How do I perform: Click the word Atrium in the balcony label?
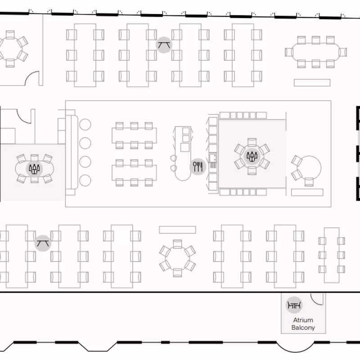point(303,320)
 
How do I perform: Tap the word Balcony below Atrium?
point(303,328)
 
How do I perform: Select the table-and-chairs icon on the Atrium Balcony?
point(294,305)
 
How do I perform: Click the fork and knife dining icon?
point(198,166)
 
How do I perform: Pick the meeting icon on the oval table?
point(34,169)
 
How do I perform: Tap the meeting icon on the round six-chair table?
point(252,156)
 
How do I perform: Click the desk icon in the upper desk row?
point(164,45)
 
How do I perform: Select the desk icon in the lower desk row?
point(43,243)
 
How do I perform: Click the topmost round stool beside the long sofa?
point(85,125)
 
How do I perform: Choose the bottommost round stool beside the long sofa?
point(85,180)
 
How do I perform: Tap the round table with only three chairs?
point(309,167)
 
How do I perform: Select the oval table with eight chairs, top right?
point(316,52)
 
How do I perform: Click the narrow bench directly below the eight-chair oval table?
point(312,83)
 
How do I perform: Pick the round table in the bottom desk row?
point(177,258)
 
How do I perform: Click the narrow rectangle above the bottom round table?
point(177,230)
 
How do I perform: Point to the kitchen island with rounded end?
point(183,153)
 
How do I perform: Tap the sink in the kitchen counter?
point(213,158)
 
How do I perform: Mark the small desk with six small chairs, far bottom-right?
point(332,255)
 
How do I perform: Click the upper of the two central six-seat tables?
point(134,135)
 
